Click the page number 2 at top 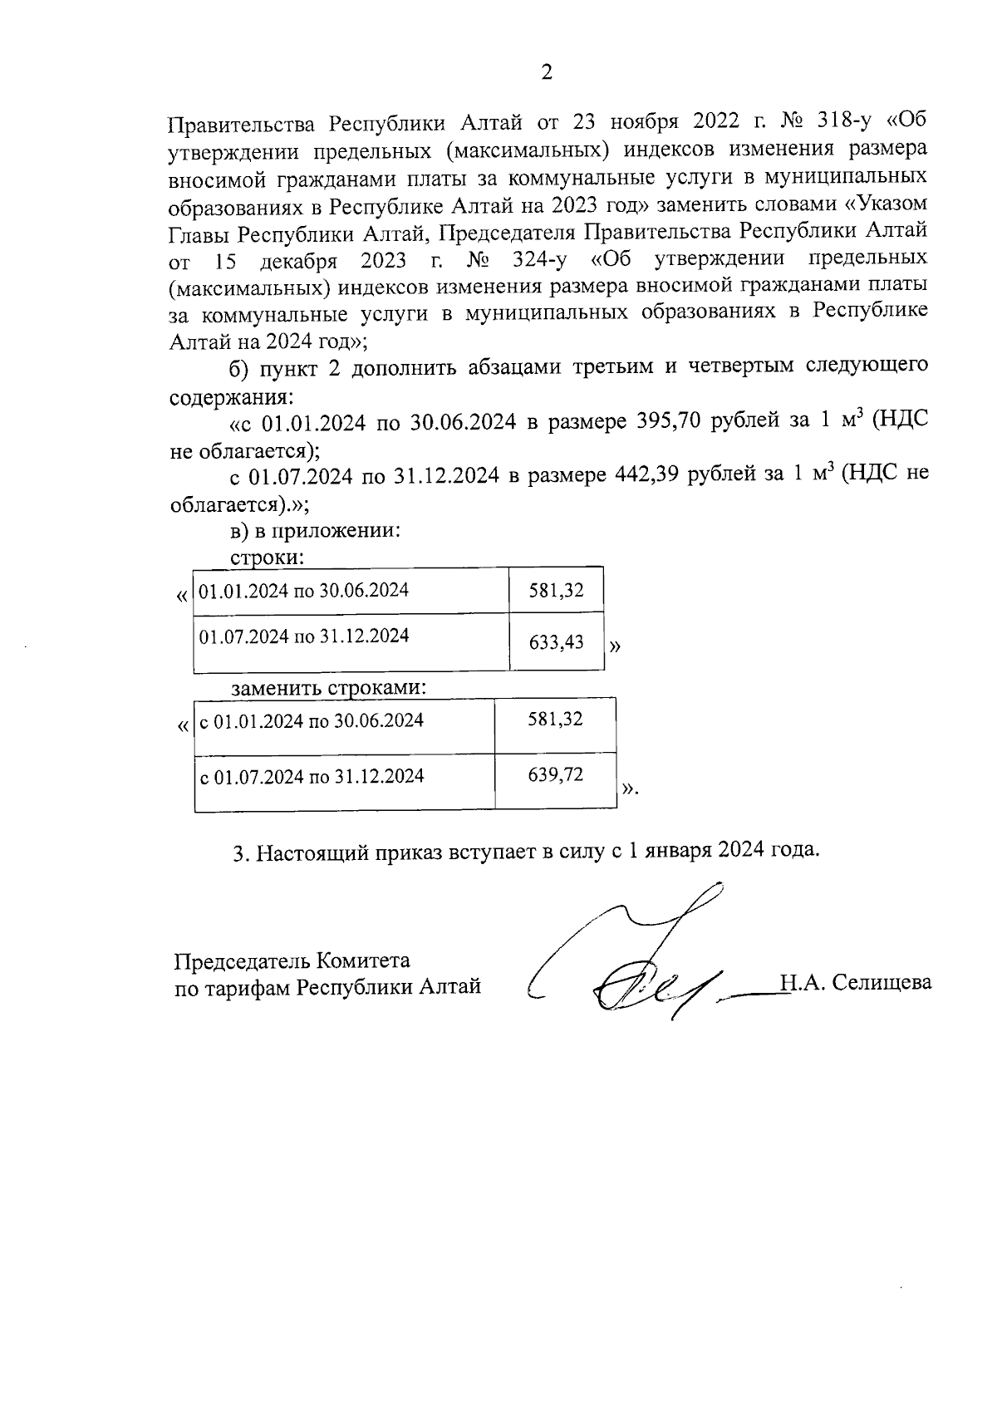547,72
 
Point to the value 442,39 648,475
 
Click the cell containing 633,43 557,642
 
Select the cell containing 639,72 556,775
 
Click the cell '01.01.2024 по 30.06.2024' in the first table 304,591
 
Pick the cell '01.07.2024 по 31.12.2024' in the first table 304,636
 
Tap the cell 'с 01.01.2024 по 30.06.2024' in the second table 312,720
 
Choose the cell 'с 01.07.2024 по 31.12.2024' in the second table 312,776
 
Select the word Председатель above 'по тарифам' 242,961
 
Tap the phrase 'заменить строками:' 329,688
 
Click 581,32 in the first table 557,591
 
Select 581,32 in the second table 556,720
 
